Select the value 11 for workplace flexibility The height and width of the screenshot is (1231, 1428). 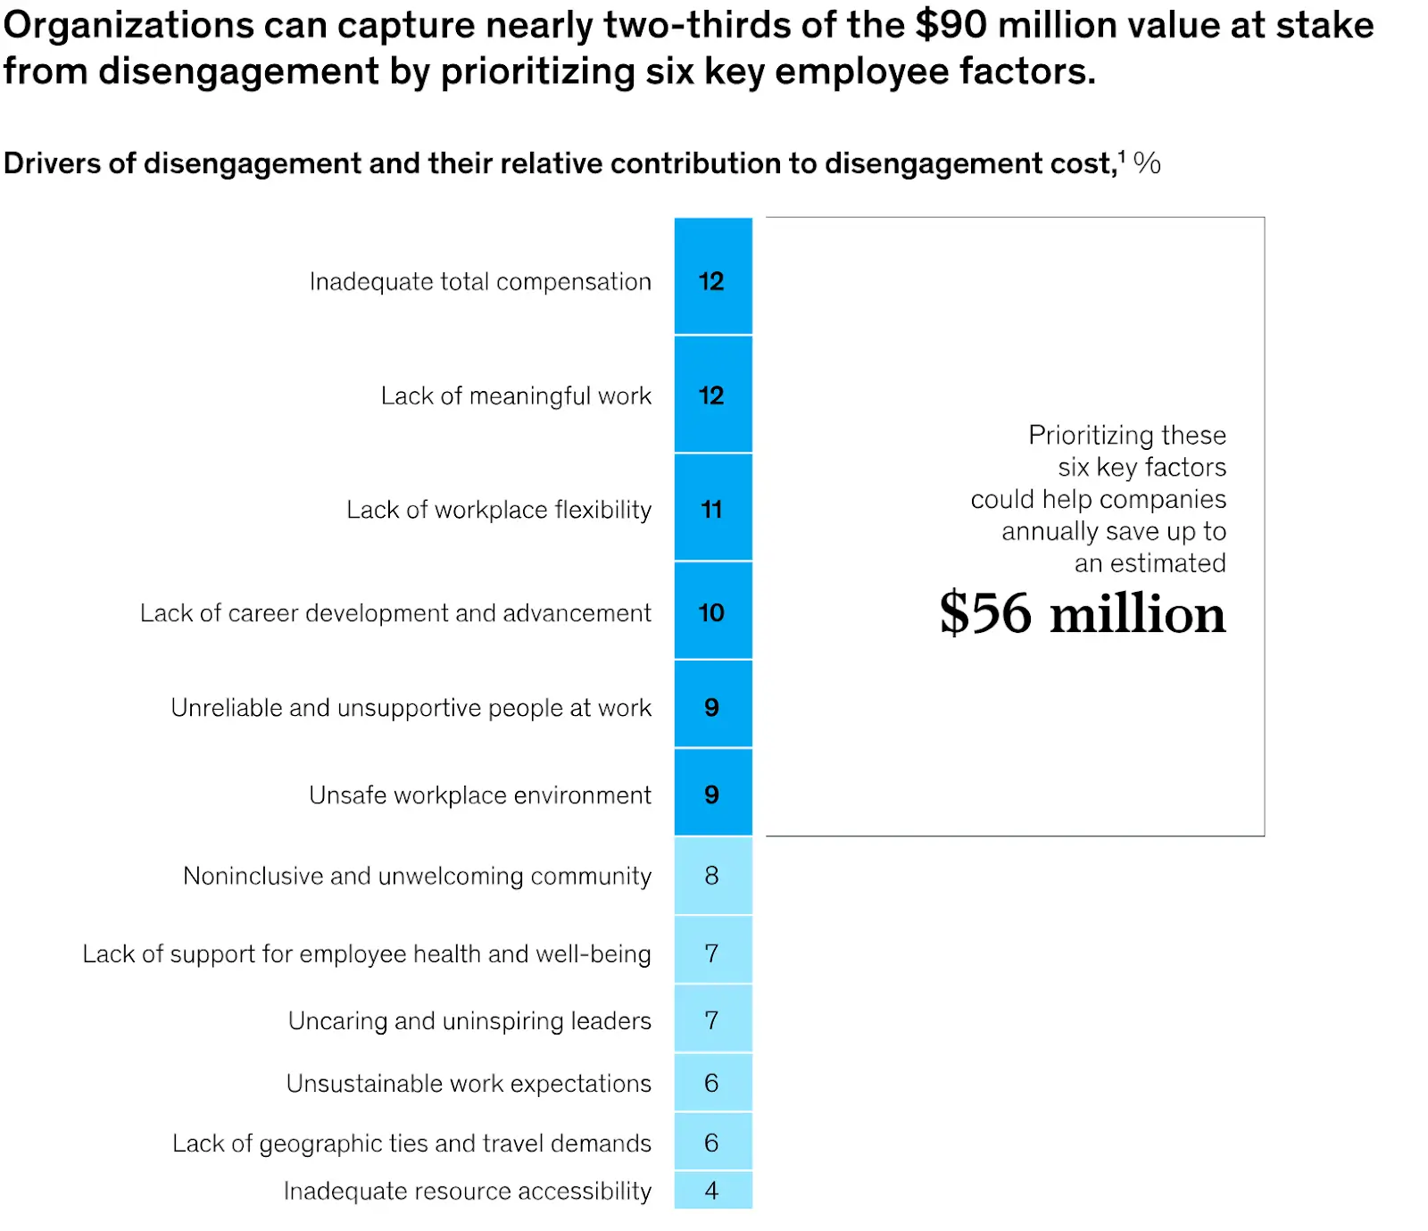click(712, 508)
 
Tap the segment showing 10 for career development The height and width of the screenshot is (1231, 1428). click(712, 611)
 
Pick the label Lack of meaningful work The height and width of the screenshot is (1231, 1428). click(516, 395)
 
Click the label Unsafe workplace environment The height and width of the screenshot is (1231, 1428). click(480, 794)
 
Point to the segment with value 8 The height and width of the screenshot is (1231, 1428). click(712, 875)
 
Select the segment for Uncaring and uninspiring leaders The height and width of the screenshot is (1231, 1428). click(712, 1019)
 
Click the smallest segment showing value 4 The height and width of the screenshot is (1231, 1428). click(712, 1190)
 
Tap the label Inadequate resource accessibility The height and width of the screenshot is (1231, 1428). click(467, 1191)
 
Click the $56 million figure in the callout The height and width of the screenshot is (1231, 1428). click(1082, 613)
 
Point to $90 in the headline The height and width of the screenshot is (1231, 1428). click(951, 25)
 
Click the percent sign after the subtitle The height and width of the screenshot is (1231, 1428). click(1147, 163)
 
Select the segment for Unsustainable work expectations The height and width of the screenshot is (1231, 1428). click(712, 1082)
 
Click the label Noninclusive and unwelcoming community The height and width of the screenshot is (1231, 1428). click(417, 876)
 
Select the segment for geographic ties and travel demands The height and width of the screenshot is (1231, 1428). click(712, 1142)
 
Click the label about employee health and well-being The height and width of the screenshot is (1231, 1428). click(366, 953)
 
